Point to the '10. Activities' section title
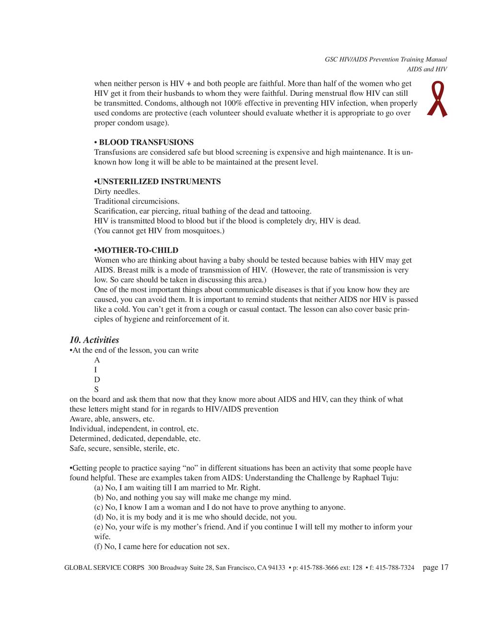coord(94,340)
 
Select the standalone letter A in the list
coord(97,360)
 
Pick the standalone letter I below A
coord(95,370)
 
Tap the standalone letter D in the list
coord(97,380)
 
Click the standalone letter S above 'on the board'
coord(96,390)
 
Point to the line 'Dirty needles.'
coord(117,192)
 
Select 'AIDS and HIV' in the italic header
coord(427,69)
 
